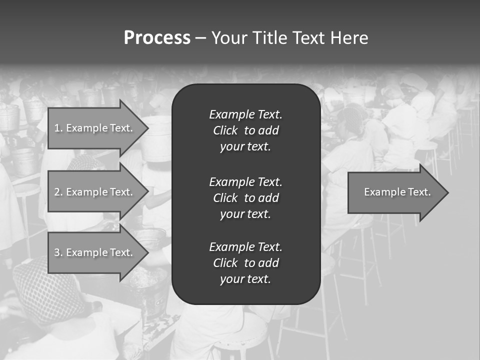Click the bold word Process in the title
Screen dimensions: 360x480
(x=157, y=38)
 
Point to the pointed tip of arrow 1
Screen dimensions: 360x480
(x=147, y=128)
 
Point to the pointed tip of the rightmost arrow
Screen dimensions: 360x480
(x=447, y=192)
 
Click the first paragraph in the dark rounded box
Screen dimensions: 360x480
(x=245, y=130)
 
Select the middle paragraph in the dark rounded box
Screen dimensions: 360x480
(x=245, y=197)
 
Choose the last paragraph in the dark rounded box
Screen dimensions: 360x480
(x=245, y=263)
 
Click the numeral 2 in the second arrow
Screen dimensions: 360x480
(x=56, y=192)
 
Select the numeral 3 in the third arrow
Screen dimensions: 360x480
(x=56, y=252)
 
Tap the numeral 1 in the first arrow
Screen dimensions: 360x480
(x=56, y=128)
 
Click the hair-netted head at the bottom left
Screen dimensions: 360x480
(x=47, y=290)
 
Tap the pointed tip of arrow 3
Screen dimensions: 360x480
(x=147, y=252)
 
